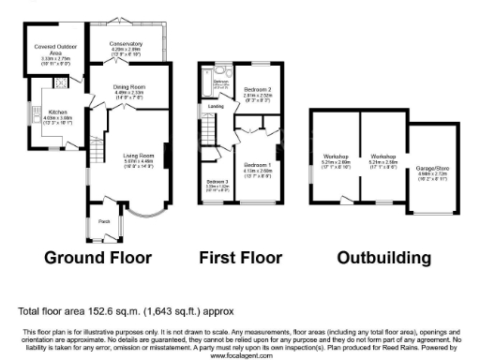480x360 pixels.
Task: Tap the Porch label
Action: point(102,221)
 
